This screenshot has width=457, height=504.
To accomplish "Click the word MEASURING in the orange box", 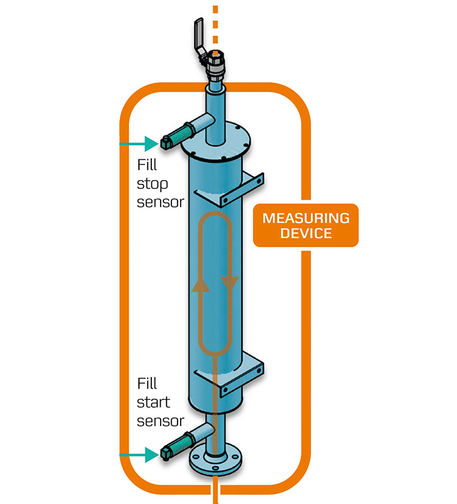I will click(306, 218).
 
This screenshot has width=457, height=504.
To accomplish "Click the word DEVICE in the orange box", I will click(306, 234).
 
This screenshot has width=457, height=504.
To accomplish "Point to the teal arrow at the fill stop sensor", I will click(137, 143).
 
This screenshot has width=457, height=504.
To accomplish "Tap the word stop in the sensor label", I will click(153, 183).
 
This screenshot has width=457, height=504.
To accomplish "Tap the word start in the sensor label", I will click(154, 403).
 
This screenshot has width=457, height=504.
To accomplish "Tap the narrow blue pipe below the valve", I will click(214, 111).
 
